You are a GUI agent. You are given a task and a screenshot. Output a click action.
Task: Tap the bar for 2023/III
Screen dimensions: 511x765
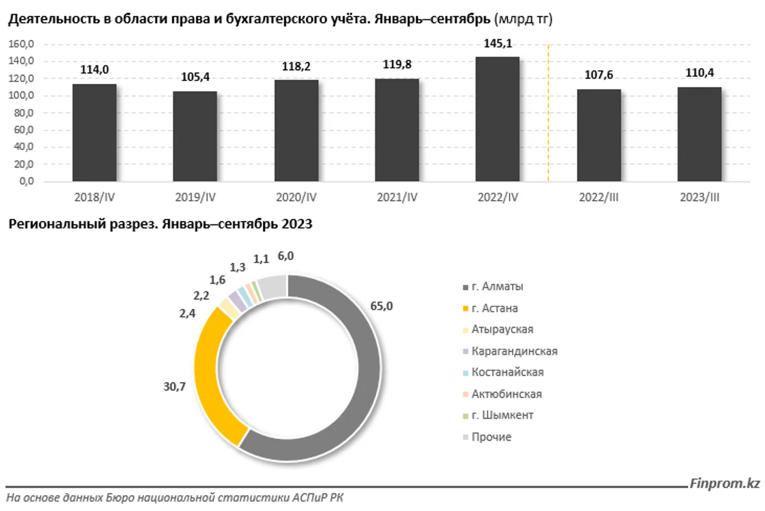click(x=699, y=134)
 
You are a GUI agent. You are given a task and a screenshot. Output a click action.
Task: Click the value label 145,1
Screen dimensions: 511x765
click(x=497, y=44)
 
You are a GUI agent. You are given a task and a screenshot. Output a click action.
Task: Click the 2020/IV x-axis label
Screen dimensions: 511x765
click(x=295, y=198)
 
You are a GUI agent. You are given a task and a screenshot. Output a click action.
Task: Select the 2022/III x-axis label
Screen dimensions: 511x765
click(x=599, y=198)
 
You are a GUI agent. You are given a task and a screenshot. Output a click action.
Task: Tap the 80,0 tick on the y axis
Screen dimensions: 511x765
click(x=22, y=113)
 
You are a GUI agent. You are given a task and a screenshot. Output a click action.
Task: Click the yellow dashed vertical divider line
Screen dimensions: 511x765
click(x=548, y=111)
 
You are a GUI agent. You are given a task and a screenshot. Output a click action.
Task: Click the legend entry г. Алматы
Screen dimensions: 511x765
click(x=498, y=287)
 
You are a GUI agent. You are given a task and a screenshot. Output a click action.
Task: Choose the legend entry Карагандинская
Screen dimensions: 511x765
click(x=514, y=351)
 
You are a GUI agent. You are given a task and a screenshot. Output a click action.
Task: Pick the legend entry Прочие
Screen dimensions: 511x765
click(x=491, y=437)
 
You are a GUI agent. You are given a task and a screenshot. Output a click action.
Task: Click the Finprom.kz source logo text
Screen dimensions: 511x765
click(x=725, y=483)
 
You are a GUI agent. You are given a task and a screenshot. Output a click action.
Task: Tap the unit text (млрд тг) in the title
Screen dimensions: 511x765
click(x=524, y=19)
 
